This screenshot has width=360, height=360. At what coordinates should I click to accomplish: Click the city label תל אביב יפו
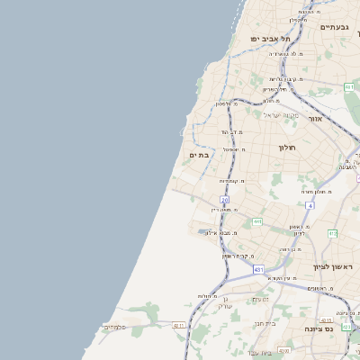click(272, 39)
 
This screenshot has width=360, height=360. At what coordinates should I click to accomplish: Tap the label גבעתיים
click(335, 27)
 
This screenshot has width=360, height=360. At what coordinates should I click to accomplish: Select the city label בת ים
click(199, 155)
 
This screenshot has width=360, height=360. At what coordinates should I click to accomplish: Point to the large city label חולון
click(287, 147)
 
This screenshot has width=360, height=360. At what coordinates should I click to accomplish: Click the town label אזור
click(315, 119)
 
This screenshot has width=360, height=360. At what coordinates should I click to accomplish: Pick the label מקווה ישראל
click(280, 114)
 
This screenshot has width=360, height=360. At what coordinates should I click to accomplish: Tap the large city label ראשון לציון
click(333, 267)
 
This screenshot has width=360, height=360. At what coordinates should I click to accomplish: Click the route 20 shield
click(224, 199)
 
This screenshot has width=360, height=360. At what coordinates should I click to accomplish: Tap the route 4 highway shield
click(310, 206)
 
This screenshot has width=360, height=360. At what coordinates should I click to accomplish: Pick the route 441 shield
click(256, 220)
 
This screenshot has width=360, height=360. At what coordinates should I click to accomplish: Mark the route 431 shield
click(259, 269)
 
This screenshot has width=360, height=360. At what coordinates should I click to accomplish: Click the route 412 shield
click(332, 233)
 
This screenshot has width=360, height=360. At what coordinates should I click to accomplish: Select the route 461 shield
click(348, 87)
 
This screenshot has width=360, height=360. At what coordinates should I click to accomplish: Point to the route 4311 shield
click(179, 326)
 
